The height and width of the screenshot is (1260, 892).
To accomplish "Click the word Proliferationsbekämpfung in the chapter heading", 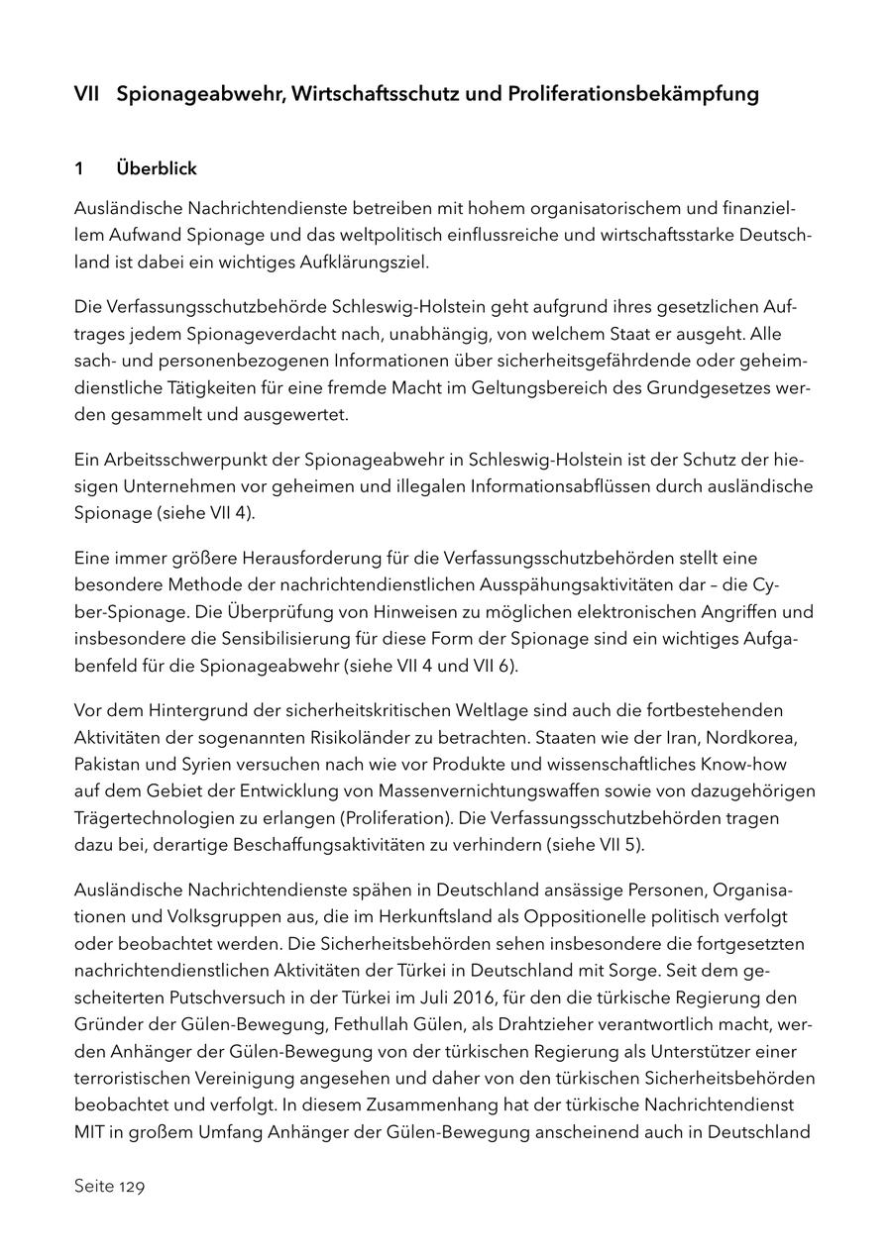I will pyautogui.click(x=634, y=94).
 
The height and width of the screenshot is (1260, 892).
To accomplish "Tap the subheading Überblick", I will pyautogui.click(x=157, y=168).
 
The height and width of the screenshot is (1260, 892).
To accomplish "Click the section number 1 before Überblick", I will pyautogui.click(x=79, y=168).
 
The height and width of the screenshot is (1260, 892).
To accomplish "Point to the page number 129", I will pyautogui.click(x=132, y=1187).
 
